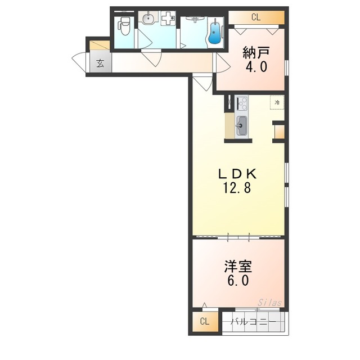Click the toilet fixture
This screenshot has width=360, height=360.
click(124, 25)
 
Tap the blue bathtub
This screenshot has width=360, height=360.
click(215, 32)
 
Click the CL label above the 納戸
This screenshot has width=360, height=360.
click(256, 17)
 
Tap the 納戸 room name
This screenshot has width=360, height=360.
click(256, 53)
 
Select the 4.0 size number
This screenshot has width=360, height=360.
click(256, 66)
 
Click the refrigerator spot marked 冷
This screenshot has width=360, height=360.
click(277, 102)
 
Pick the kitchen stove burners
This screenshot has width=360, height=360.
click(242, 103)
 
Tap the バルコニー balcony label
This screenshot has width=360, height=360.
click(253, 322)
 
